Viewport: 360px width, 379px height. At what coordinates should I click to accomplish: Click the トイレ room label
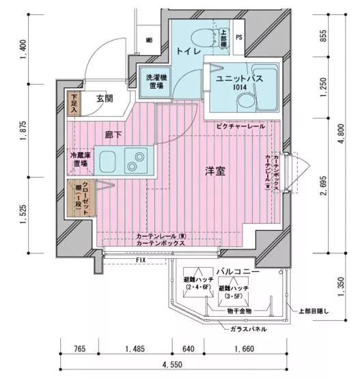click(189, 51)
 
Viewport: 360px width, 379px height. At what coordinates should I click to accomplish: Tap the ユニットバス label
click(237, 79)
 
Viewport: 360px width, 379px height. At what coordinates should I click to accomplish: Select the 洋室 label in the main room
click(217, 173)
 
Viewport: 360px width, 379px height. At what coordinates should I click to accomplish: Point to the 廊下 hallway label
click(113, 135)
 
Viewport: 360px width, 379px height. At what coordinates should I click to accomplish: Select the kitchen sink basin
click(109, 163)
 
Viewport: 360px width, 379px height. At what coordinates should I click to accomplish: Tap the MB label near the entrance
click(150, 40)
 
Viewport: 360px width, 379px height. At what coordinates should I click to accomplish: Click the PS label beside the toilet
click(239, 38)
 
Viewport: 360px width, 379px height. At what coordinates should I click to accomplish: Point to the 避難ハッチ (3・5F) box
click(234, 292)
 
